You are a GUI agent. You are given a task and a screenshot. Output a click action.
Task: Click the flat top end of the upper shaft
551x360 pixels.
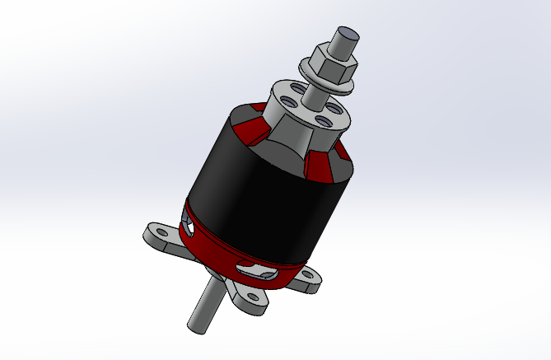coord(347,34)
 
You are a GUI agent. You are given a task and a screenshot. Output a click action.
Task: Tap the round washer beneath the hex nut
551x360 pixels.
coord(325,79)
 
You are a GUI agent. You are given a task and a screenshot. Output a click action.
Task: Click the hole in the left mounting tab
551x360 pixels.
coord(160,233)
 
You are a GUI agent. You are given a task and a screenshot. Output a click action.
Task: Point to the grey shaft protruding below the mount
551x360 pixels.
coord(206,305)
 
